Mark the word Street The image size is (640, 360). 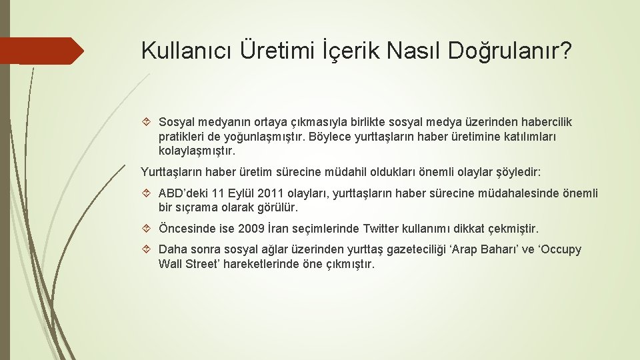pyautogui.click(x=207, y=264)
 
